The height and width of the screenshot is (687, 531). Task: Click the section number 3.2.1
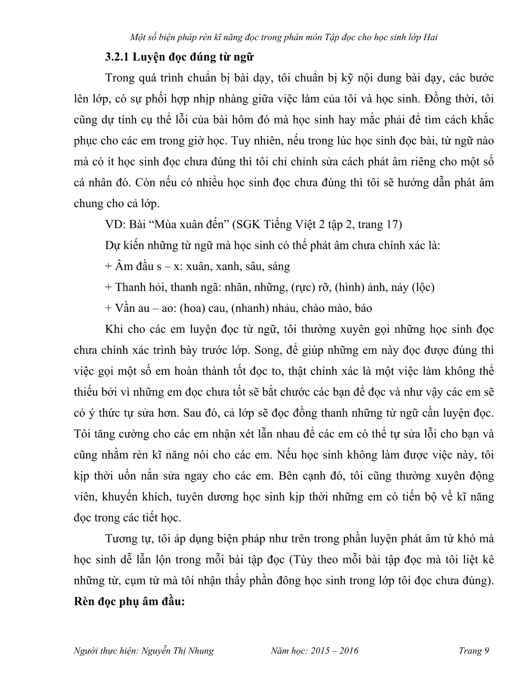point(117,57)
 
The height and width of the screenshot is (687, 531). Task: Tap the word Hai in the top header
point(429,37)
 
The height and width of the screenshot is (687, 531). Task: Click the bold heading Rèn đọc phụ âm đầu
point(129,602)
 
